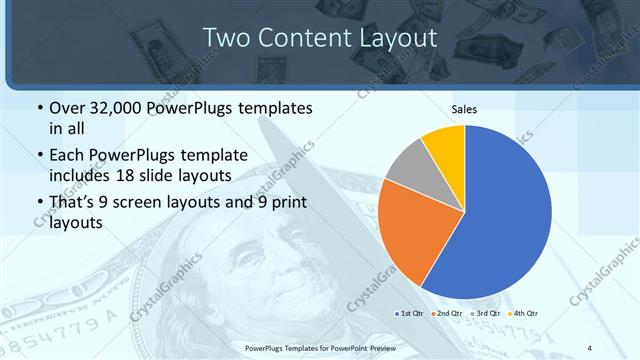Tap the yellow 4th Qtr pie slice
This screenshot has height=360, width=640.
tap(444, 145)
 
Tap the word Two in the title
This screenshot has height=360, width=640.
tap(230, 38)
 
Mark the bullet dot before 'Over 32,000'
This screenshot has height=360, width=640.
tap(39, 108)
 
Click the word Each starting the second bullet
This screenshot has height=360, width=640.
tap(69, 155)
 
